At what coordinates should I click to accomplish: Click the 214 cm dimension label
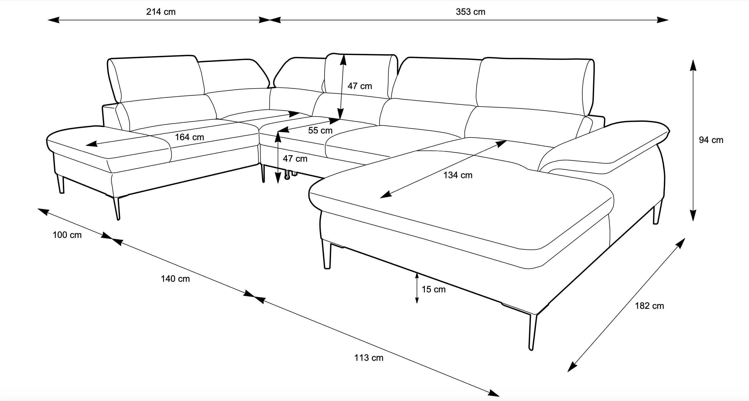[x=161, y=12]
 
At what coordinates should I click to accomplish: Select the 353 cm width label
[x=471, y=12]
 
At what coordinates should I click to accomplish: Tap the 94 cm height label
[x=711, y=140]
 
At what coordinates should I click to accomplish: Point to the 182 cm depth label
[x=649, y=306]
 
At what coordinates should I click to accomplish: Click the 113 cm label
[x=369, y=358]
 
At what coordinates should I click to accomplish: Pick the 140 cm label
[x=175, y=279]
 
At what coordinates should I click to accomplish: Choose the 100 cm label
[x=67, y=235]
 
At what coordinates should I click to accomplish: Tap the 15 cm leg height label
[x=433, y=289]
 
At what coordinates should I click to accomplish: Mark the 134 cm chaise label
[x=458, y=175]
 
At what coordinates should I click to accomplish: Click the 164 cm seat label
[x=189, y=137]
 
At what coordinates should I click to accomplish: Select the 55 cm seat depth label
[x=320, y=131]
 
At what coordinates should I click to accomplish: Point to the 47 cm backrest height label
[x=360, y=86]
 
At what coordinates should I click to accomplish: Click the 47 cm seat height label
[x=295, y=159]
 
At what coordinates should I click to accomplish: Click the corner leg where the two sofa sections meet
[x=263, y=173]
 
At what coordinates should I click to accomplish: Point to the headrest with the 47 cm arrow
[x=361, y=76]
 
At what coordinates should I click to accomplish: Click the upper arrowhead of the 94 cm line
[x=693, y=65]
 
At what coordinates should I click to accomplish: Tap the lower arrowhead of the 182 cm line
[x=572, y=367]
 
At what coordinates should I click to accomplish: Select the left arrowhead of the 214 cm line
[x=54, y=20]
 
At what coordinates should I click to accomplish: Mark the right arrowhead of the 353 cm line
[x=663, y=20]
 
